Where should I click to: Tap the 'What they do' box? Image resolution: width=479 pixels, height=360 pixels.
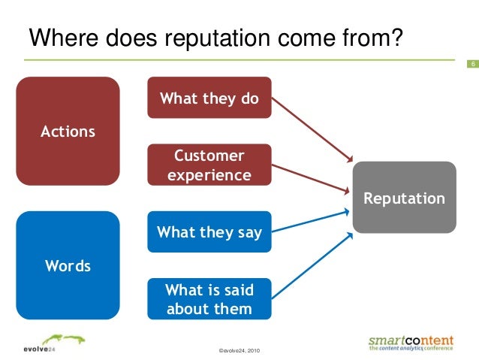tap(209, 98)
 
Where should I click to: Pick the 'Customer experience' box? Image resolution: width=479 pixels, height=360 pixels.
tap(209, 165)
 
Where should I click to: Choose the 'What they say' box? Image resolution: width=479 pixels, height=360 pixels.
tap(209, 232)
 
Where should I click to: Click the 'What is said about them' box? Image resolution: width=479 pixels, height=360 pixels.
tap(209, 299)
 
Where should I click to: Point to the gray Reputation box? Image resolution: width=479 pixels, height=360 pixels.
tap(405, 198)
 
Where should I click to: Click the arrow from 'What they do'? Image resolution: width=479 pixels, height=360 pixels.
tap(312, 129)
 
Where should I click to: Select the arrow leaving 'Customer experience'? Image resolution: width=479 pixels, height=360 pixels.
tap(312, 178)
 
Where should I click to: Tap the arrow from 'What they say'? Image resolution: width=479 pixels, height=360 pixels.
tap(312, 219)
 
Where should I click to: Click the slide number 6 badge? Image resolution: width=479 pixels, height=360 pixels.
tap(473, 63)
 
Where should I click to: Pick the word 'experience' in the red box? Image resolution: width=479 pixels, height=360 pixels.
tap(209, 175)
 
